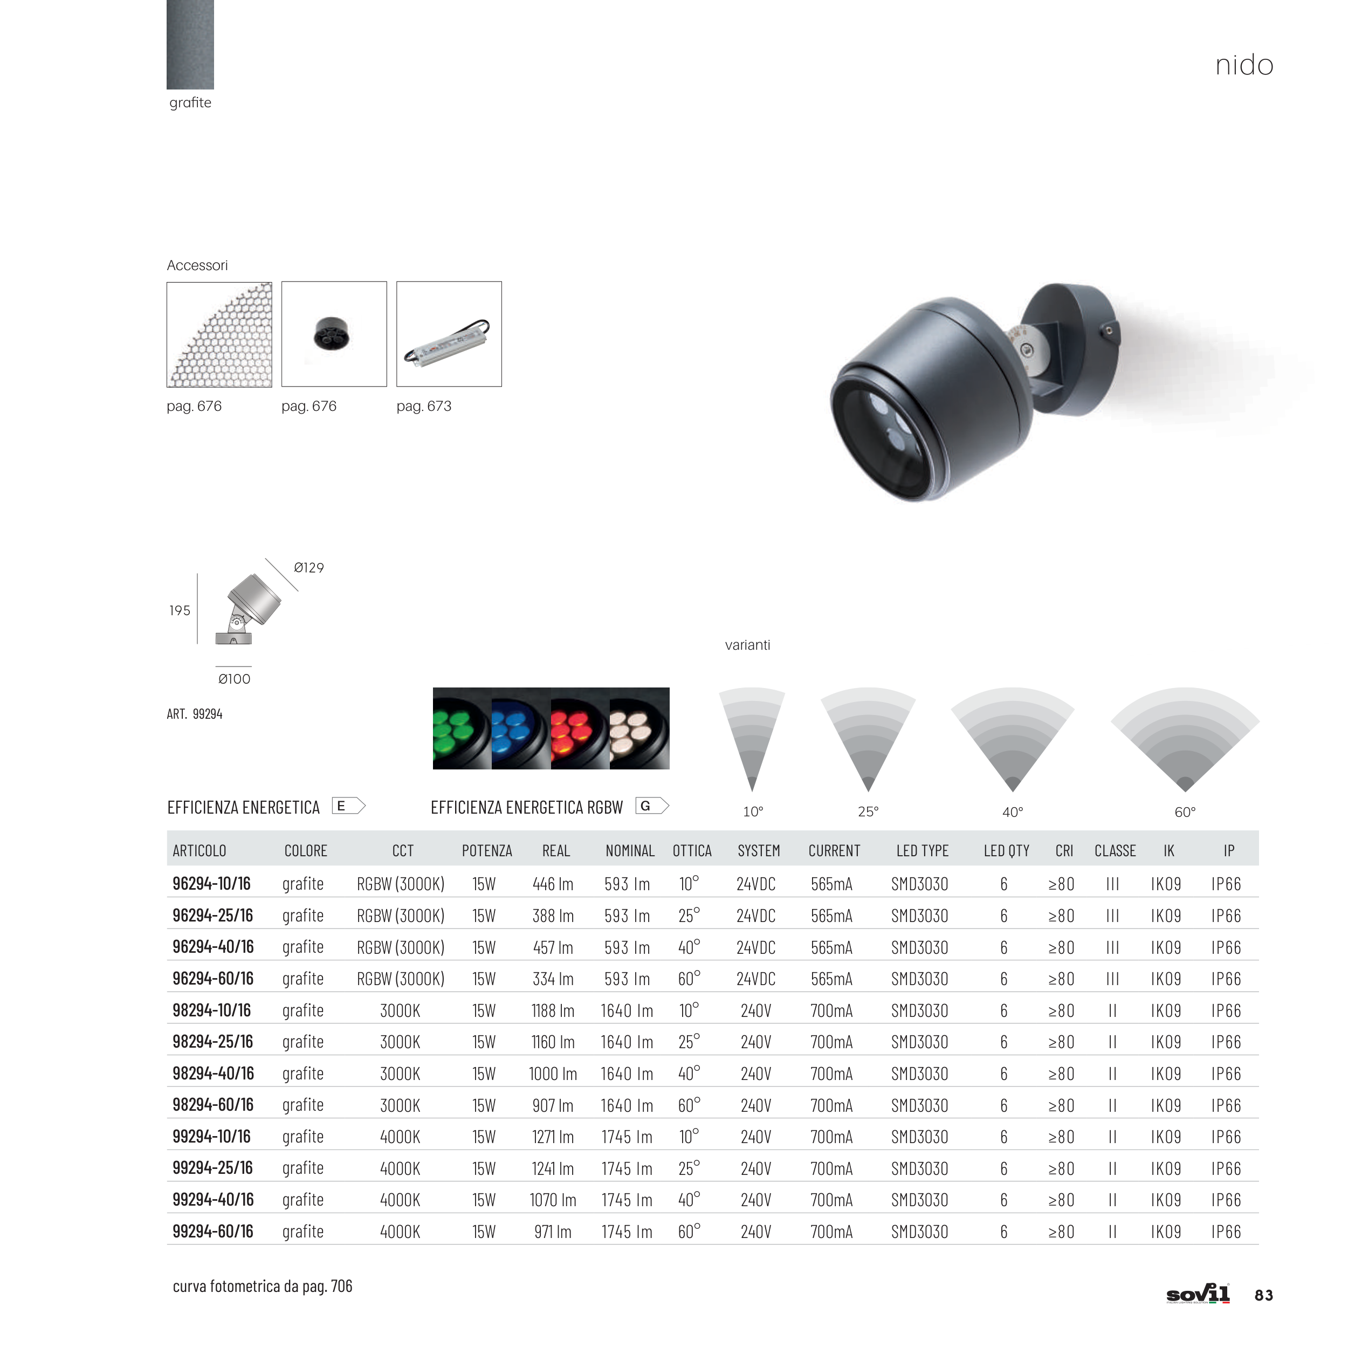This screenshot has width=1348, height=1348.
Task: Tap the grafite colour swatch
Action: (x=190, y=45)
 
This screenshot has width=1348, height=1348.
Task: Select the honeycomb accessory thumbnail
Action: (x=219, y=334)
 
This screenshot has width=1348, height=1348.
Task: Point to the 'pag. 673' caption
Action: (x=423, y=406)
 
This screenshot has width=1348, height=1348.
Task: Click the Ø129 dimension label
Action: (x=308, y=568)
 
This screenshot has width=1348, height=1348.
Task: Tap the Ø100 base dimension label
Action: (x=235, y=679)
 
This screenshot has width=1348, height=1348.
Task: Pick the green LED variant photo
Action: (x=462, y=728)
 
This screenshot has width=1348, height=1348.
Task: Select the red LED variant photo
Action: (x=580, y=728)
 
